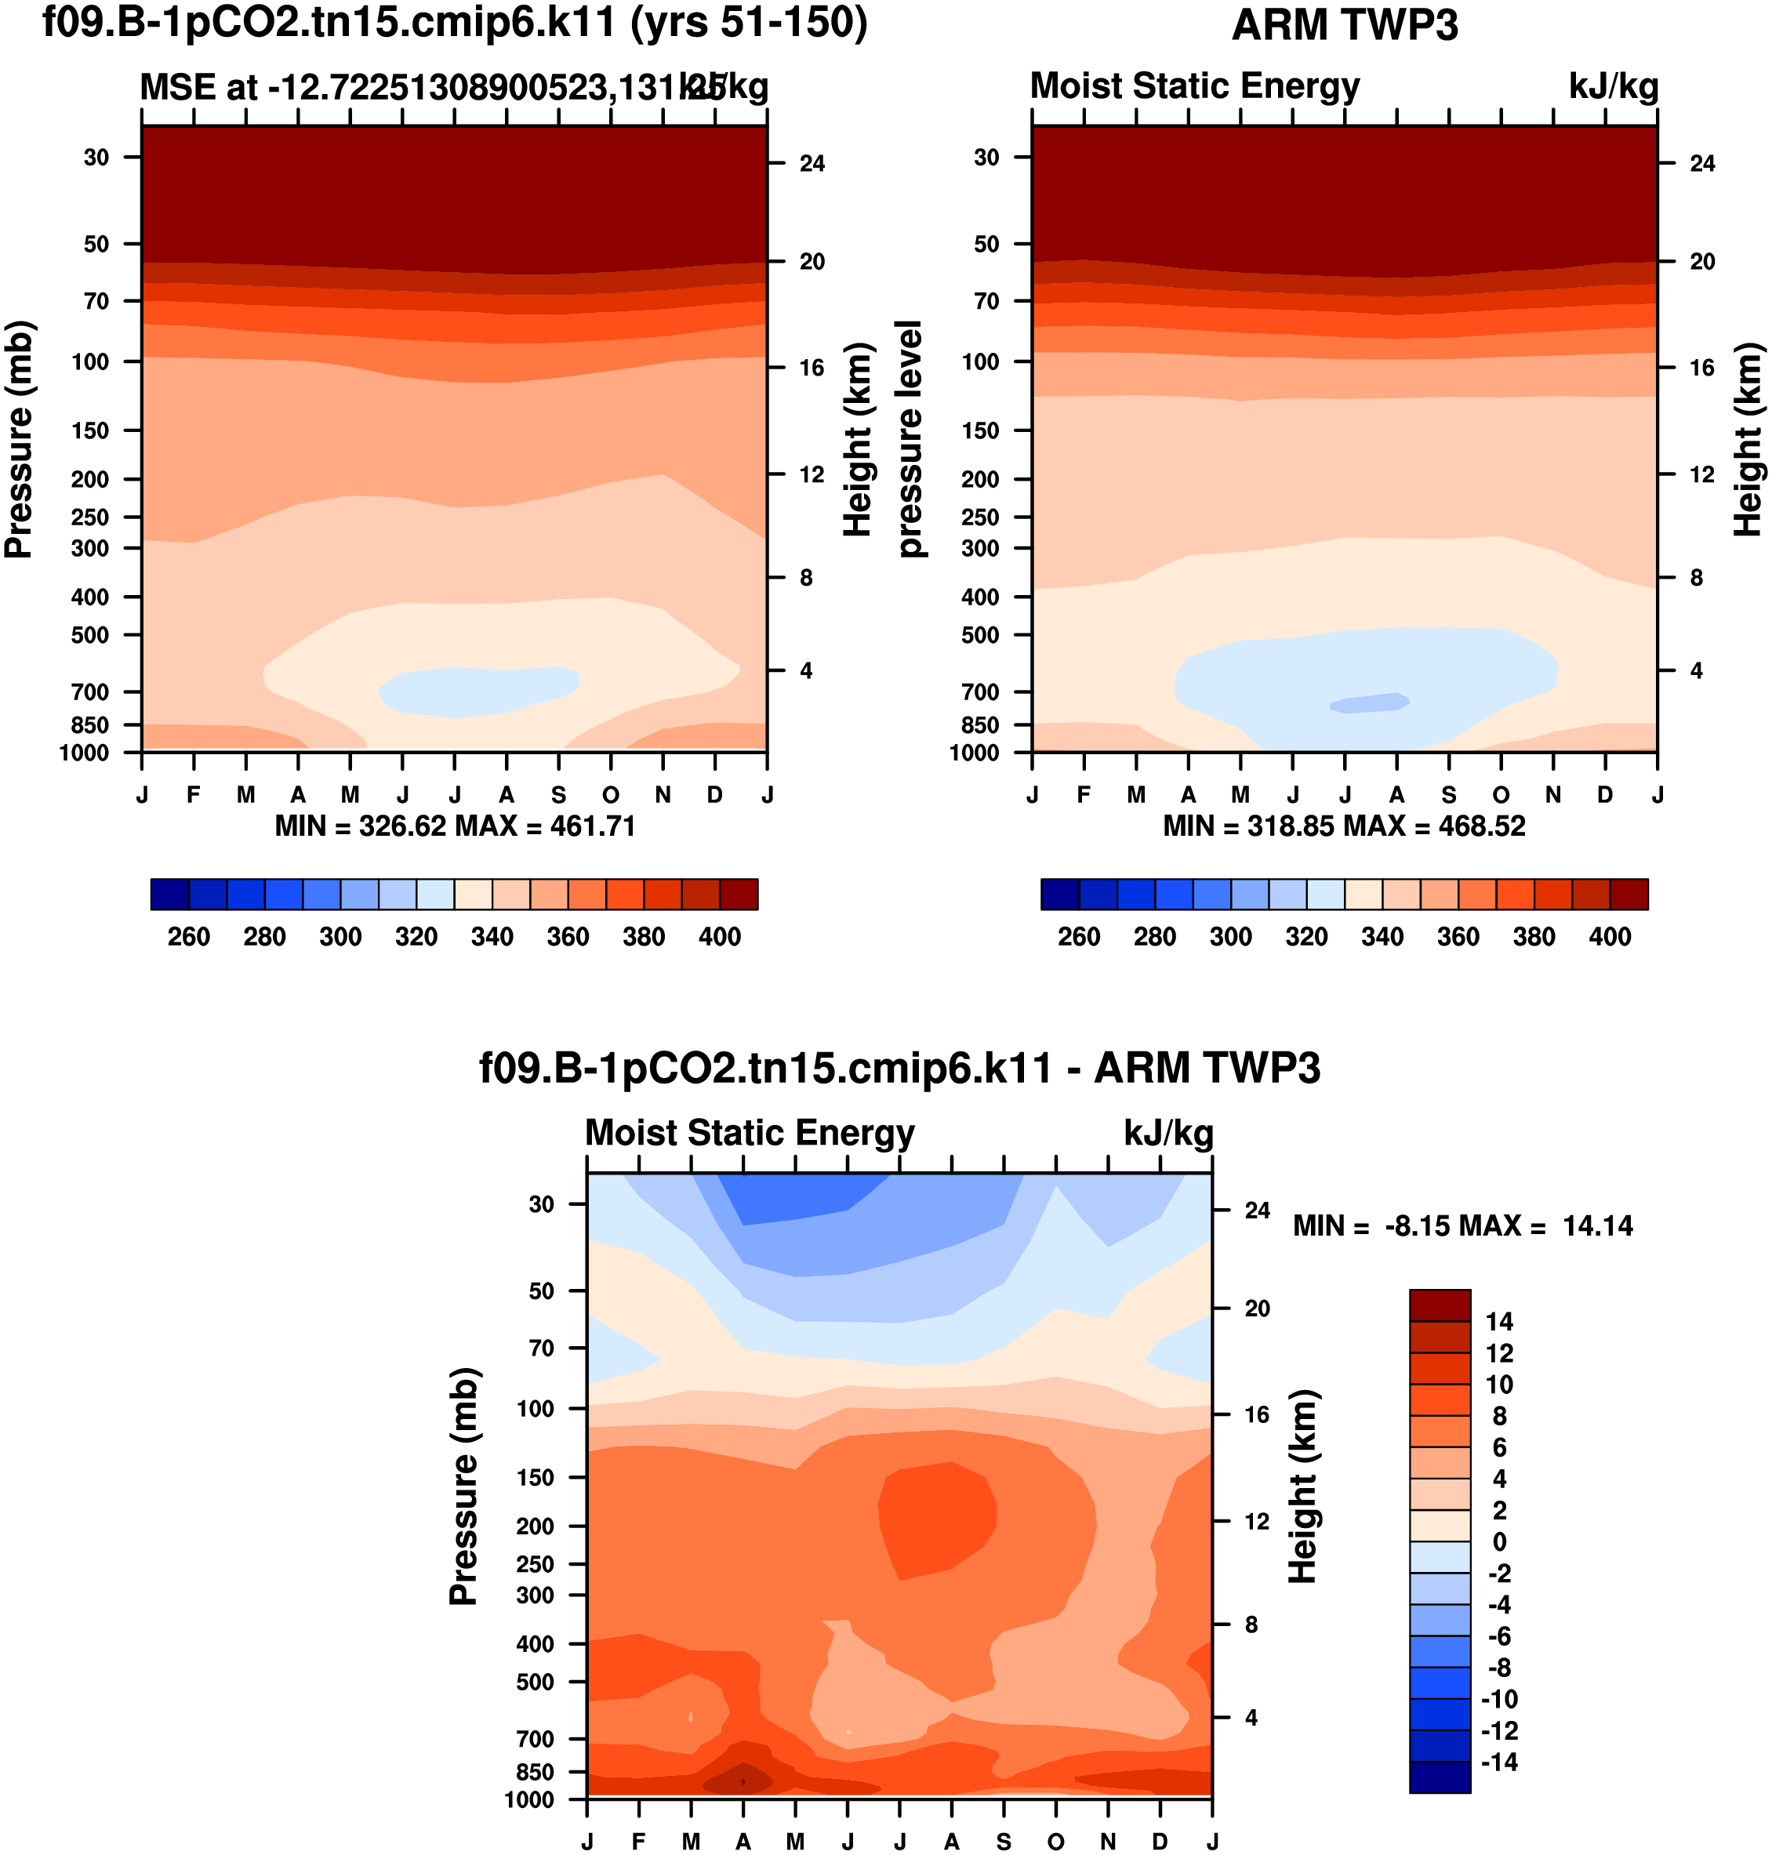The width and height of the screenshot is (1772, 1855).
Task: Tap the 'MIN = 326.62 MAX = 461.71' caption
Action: pos(454,826)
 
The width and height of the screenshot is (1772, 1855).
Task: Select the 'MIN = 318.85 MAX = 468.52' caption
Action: pos(1344,826)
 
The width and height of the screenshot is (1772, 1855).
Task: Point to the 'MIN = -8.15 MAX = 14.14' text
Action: pos(1462,1226)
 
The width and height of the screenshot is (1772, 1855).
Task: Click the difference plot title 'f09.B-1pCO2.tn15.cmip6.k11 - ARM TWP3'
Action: pos(899,1068)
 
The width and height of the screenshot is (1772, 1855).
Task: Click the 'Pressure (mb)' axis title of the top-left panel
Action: pos(19,439)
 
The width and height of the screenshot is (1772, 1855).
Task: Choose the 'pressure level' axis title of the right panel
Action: pos(909,439)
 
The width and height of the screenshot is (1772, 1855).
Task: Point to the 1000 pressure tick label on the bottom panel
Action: pos(529,1799)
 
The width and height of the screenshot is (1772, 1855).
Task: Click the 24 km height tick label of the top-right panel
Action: pos(1702,163)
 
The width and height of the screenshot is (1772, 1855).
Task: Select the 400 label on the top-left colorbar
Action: pos(720,937)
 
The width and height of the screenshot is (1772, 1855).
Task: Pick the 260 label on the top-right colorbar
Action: pos(1079,937)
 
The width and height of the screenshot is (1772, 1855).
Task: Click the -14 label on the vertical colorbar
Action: pos(1499,1762)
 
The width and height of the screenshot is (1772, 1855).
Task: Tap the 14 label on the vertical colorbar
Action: pos(1499,1321)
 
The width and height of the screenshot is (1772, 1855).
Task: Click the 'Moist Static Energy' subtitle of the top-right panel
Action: pos(1195,86)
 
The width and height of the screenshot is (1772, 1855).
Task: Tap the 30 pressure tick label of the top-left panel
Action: pos(96,157)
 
